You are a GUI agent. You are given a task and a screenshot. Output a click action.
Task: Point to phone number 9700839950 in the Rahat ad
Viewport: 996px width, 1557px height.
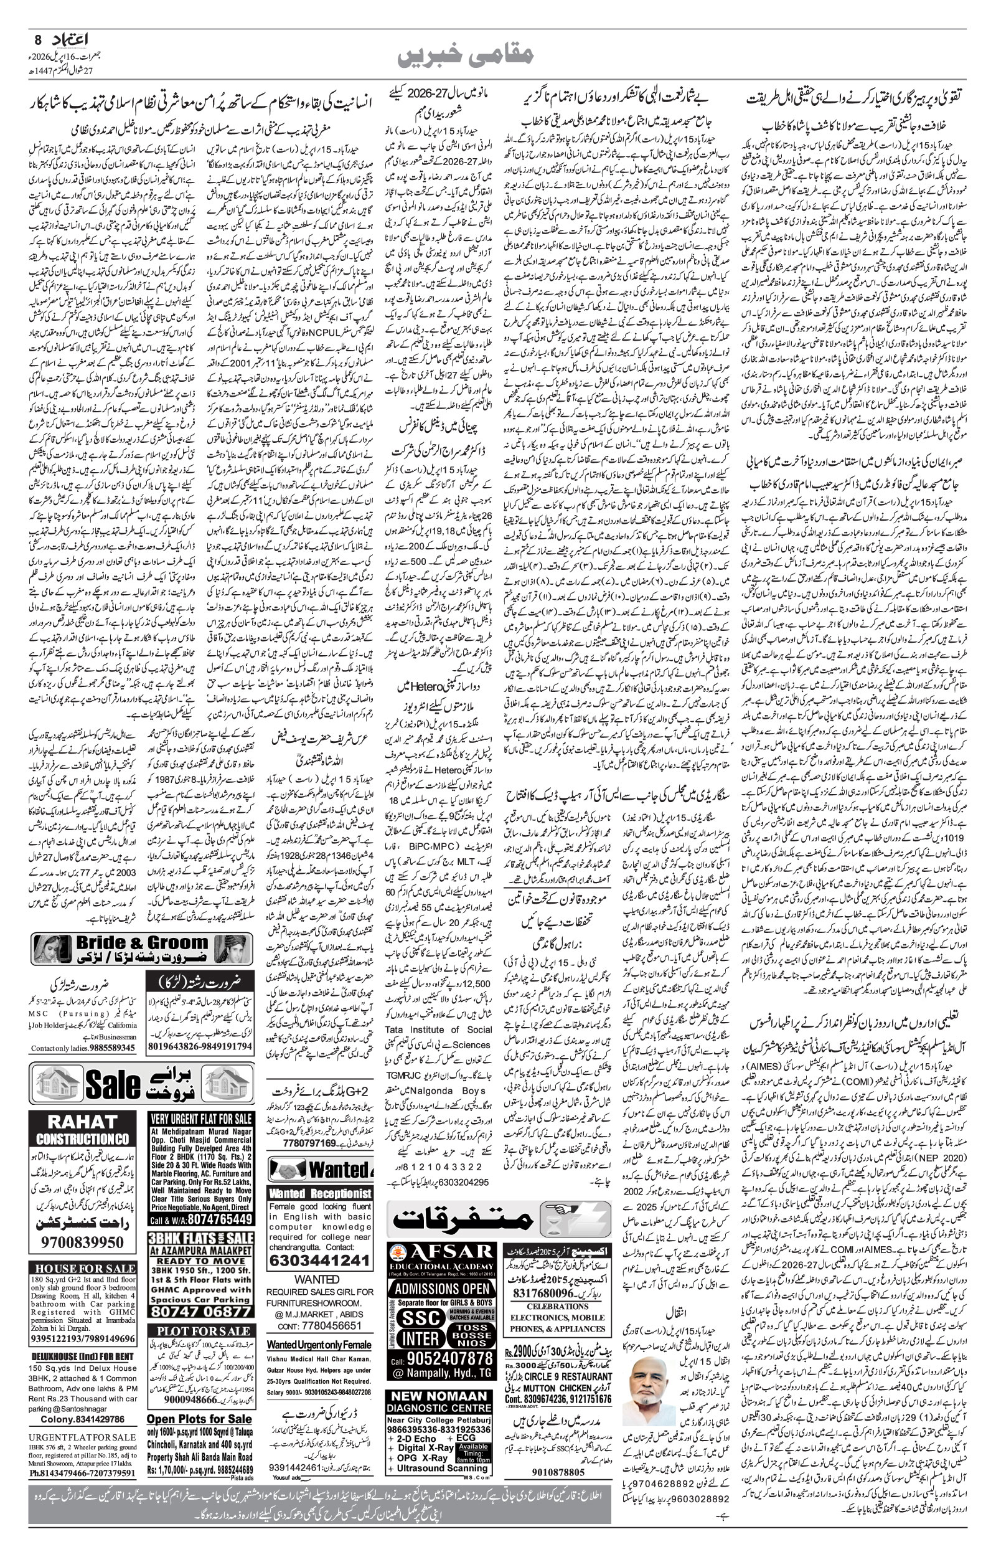click(82, 1242)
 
